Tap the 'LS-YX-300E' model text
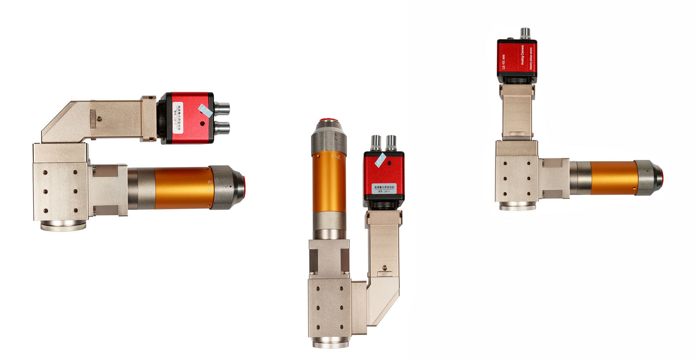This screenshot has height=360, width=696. (x=504, y=62)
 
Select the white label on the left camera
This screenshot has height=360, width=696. (x=178, y=118)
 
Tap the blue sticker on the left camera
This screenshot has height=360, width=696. (x=205, y=111)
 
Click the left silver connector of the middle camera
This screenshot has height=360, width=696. (x=376, y=143)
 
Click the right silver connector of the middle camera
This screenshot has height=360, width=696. (x=391, y=143)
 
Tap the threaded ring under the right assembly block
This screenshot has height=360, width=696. (x=517, y=206)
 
